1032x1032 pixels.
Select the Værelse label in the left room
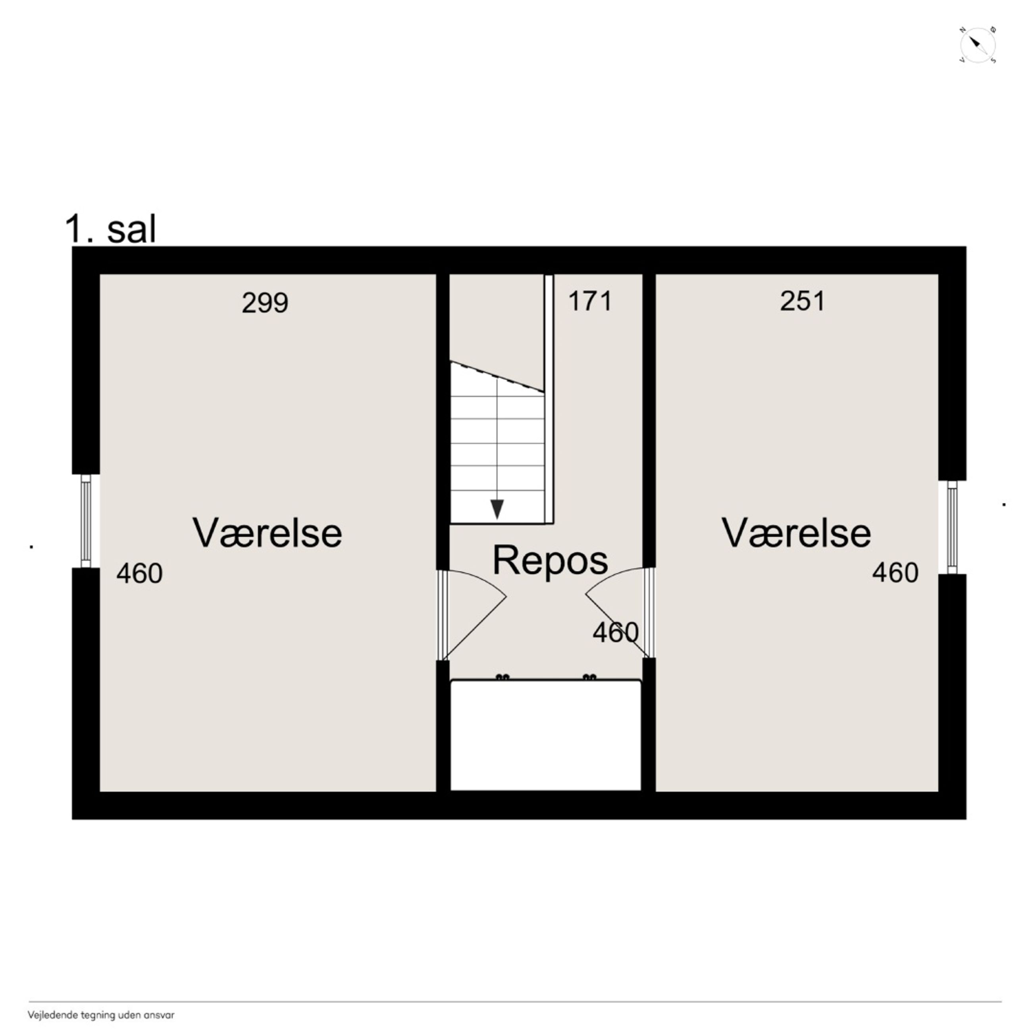coord(267,533)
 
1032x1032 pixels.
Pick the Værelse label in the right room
coord(796,533)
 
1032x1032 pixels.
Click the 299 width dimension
coord(265,303)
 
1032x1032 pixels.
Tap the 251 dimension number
coord(802,301)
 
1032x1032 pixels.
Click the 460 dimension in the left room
coord(139,574)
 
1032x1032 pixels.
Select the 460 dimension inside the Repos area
coord(615,632)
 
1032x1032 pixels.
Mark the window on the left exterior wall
coord(86,521)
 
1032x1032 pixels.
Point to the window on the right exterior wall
coord(952,527)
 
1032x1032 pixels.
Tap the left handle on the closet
coord(503,677)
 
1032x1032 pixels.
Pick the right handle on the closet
coord(589,677)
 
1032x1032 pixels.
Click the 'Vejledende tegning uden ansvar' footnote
coord(101,1015)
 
